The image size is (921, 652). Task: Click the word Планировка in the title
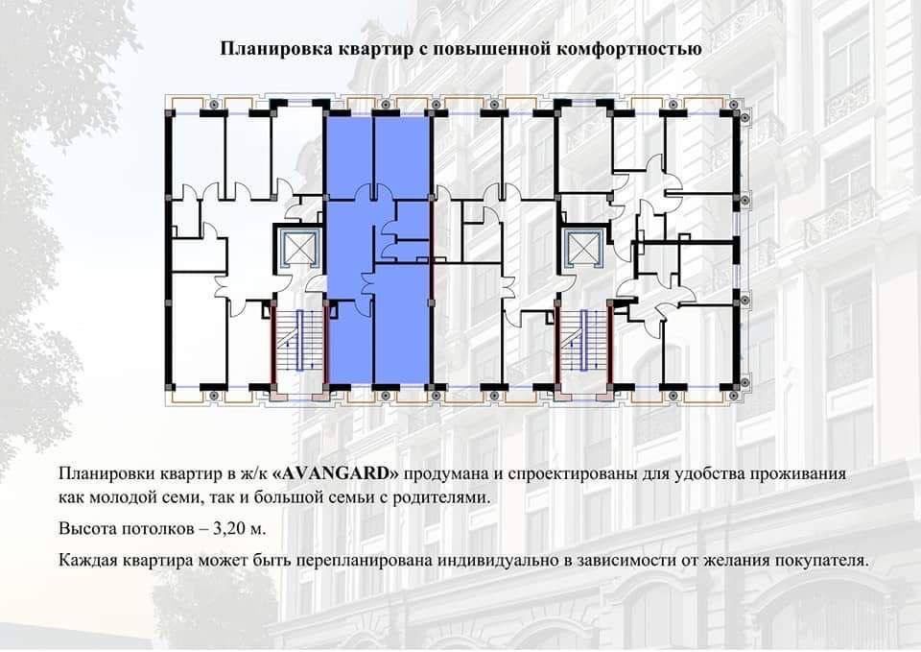[264, 48]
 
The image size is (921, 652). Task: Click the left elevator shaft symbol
[297, 249]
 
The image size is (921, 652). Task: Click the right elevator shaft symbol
[582, 249]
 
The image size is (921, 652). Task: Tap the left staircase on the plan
[298, 343]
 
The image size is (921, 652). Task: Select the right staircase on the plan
[583, 343]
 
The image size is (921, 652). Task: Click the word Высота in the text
[87, 529]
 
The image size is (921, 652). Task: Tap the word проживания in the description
[800, 474]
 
